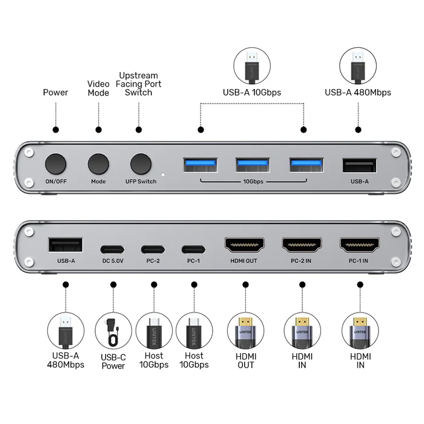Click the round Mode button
[98, 164]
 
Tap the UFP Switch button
[141, 164]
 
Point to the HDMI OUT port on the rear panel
[245, 245]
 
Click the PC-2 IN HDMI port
[302, 245]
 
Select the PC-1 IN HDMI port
[360, 245]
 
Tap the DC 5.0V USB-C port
[112, 248]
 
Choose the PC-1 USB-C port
[194, 248]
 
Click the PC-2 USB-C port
[153, 248]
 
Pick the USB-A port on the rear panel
[65, 245]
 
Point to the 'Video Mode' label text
[98, 88]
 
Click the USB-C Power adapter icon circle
[113, 330]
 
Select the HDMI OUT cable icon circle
[245, 330]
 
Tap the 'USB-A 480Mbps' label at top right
[357, 93]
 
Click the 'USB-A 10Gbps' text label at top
[252, 93]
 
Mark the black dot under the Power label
[56, 130]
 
